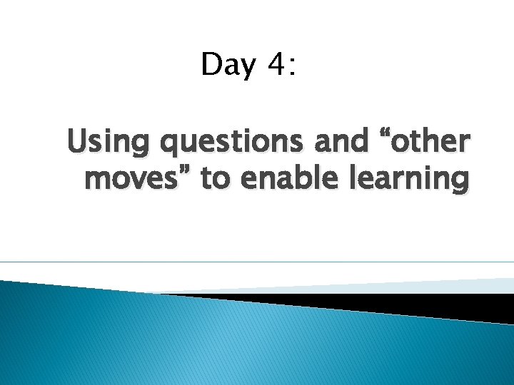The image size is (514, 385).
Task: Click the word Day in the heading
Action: coord(228,65)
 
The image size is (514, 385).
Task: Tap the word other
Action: coord(428,143)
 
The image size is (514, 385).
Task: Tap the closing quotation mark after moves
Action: coord(188,171)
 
